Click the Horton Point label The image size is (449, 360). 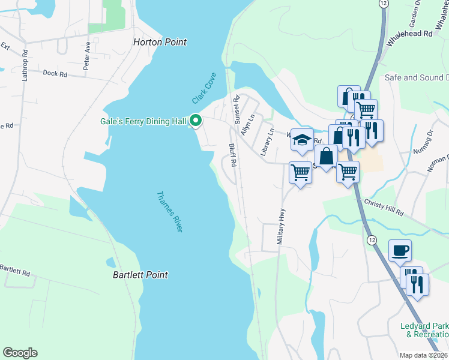tap(160, 43)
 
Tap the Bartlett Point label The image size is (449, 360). tap(140, 275)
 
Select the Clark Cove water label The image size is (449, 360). tap(203, 91)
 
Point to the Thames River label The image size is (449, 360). tap(169, 212)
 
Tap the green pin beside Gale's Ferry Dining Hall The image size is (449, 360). tap(195, 121)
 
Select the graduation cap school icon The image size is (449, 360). tap(302, 140)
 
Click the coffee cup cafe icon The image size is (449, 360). tap(399, 250)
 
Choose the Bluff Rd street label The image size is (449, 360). tap(232, 154)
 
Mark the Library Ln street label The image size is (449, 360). tap(267, 142)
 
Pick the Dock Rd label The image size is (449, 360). tap(55, 73)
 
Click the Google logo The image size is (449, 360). tap(20, 353)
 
